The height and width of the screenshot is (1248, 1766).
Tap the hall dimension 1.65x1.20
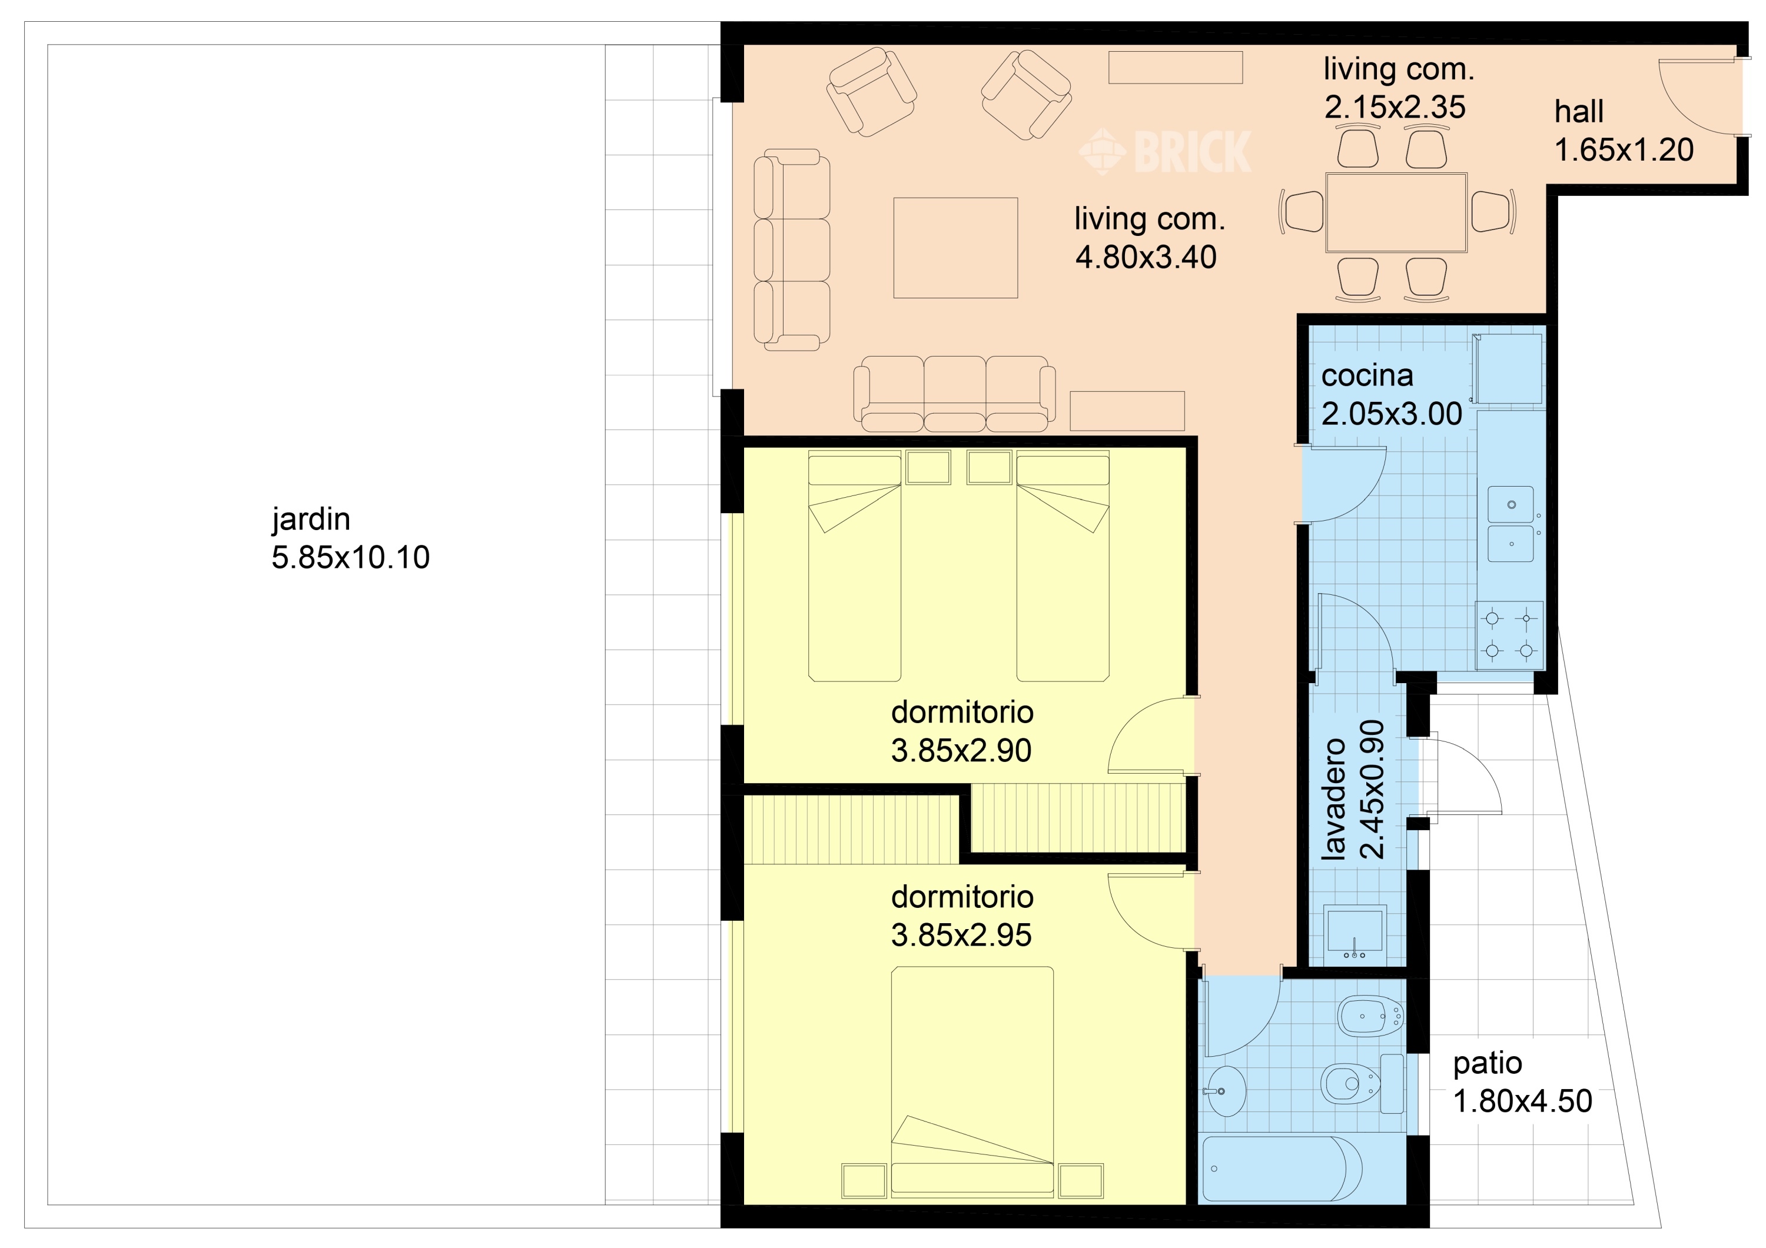tap(1624, 150)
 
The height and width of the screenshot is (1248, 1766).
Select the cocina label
tap(1367, 375)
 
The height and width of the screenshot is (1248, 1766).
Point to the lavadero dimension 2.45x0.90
tap(1372, 790)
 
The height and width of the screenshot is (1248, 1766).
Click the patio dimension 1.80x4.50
tap(1522, 1101)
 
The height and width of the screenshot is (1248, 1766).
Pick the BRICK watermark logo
tap(1166, 151)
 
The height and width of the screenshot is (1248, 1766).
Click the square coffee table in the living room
tap(955, 248)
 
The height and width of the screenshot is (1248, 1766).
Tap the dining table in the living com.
tap(1396, 212)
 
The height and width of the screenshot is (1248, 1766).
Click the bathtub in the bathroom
tap(1282, 1168)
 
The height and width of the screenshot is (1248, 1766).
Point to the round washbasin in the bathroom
tap(1226, 1090)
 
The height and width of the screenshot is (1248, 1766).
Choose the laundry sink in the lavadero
tap(1355, 932)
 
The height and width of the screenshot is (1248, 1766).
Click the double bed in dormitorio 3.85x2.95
tap(972, 1081)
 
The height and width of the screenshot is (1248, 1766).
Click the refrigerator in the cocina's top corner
tap(1508, 368)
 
